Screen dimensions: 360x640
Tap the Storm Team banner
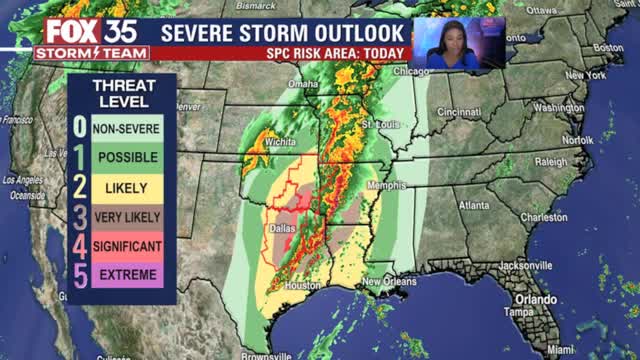pyautogui.click(x=91, y=52)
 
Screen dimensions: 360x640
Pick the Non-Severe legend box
pyautogui.click(x=127, y=129)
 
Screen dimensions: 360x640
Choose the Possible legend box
pyautogui.click(x=127, y=158)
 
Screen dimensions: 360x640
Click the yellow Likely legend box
pyautogui.click(x=127, y=187)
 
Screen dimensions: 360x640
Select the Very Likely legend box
pyautogui.click(x=127, y=216)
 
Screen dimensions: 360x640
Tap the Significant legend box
pyautogui.click(x=127, y=245)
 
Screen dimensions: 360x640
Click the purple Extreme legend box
pyautogui.click(x=127, y=274)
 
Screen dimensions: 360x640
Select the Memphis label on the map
pyautogui.click(x=386, y=185)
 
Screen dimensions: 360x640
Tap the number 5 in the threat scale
pyautogui.click(x=79, y=274)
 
